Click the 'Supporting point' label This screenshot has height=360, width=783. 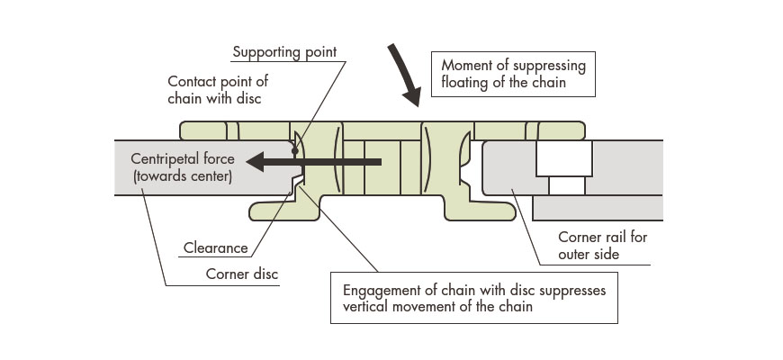click(x=284, y=52)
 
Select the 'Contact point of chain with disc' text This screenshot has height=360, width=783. click(x=218, y=89)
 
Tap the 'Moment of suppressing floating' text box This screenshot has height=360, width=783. click(x=513, y=75)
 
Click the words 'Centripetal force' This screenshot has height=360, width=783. click(x=183, y=159)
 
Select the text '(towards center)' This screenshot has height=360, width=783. click(x=182, y=176)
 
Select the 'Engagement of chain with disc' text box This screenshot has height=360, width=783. click(x=474, y=298)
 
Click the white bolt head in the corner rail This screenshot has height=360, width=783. click(x=563, y=159)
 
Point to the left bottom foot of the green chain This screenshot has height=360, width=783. click(x=284, y=211)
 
